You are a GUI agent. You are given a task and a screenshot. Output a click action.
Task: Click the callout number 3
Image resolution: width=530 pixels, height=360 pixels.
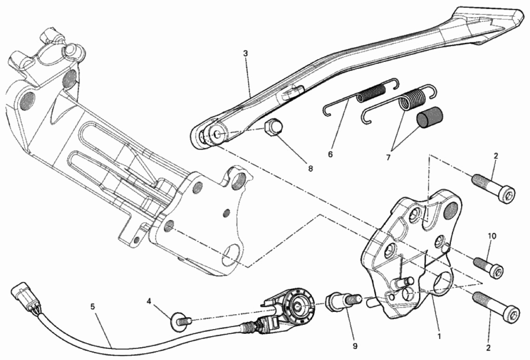click(245, 53)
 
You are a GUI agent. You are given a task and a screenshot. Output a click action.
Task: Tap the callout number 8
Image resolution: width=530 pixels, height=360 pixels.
click(310, 168)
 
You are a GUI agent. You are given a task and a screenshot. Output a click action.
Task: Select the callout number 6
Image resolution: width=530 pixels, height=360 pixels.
click(330, 154)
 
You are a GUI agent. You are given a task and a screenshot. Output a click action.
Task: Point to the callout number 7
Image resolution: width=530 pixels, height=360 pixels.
click(388, 158)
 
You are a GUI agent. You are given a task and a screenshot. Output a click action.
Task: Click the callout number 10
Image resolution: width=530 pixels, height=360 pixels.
click(492, 236)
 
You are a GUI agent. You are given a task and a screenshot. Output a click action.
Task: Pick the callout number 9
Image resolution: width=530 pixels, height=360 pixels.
click(355, 346)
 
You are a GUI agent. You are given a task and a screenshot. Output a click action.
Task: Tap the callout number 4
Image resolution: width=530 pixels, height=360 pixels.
click(149, 300)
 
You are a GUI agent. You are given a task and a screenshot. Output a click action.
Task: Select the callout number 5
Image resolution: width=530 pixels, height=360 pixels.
click(93, 307)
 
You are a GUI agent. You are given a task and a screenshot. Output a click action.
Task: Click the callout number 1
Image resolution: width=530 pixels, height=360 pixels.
click(439, 337)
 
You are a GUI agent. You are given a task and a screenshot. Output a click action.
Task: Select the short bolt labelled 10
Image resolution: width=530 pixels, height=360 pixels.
click(489, 267)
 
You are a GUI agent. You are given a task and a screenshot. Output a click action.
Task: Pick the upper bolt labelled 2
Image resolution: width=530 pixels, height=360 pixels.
click(493, 187)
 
